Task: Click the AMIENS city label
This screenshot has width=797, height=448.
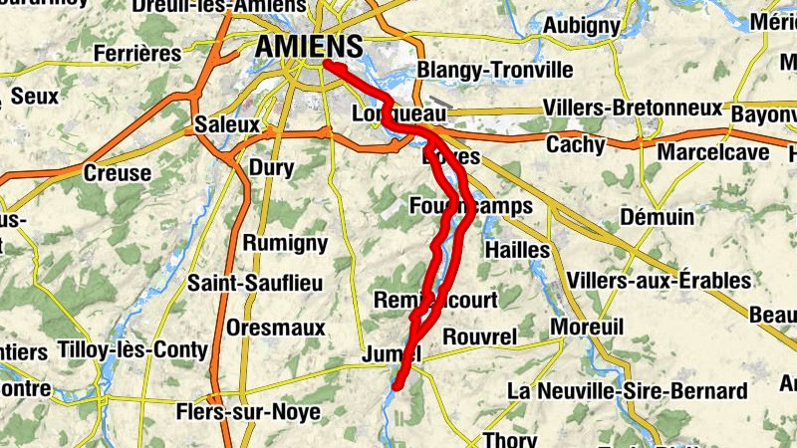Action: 309,46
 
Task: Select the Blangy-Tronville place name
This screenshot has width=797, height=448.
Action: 495,71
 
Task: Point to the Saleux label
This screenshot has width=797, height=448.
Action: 227,125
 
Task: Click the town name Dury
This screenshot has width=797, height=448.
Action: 271,167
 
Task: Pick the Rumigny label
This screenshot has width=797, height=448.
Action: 285,243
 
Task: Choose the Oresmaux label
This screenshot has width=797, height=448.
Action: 276,328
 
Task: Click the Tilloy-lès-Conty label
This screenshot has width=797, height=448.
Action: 133,350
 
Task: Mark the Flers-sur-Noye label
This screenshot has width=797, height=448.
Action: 248,411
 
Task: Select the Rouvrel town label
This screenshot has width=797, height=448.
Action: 479,337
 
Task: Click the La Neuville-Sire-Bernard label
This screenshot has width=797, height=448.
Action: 628,390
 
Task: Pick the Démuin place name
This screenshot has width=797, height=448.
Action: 657,217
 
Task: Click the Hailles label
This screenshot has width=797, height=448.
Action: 516,249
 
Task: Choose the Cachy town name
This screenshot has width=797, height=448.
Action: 575,145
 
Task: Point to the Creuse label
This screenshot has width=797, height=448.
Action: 118,173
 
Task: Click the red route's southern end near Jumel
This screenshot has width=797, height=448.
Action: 397,385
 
